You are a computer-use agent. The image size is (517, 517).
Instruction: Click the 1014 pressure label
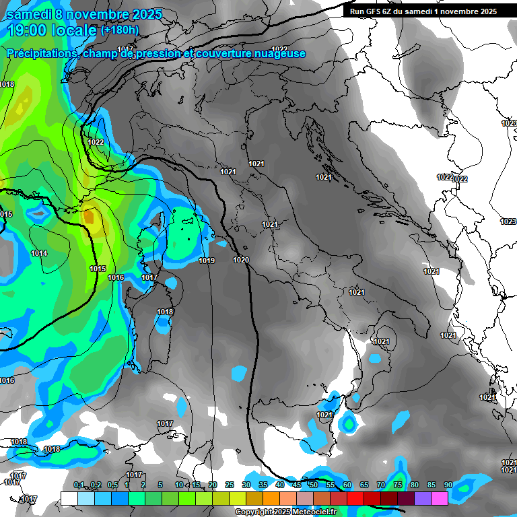[x=39, y=253]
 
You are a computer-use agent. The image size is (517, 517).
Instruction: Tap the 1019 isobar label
[x=207, y=261]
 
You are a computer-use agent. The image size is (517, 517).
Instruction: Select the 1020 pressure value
[x=241, y=260]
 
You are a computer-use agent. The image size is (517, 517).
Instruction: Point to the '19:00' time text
[x=28, y=30]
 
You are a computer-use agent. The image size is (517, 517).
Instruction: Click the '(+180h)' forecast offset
[x=120, y=30]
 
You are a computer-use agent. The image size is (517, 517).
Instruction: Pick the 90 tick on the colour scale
[x=448, y=485]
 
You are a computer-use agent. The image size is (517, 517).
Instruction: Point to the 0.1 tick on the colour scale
[x=79, y=485]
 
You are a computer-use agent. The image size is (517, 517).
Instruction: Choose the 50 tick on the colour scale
[x=314, y=485]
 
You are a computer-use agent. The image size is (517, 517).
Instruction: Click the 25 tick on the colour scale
[x=230, y=485]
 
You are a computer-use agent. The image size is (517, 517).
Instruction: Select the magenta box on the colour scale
[x=440, y=498]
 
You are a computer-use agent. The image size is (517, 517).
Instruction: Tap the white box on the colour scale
[x=69, y=498]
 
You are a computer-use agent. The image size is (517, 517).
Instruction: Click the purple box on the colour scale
[x=423, y=498]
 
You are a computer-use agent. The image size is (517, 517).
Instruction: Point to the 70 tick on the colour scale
[x=381, y=485]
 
